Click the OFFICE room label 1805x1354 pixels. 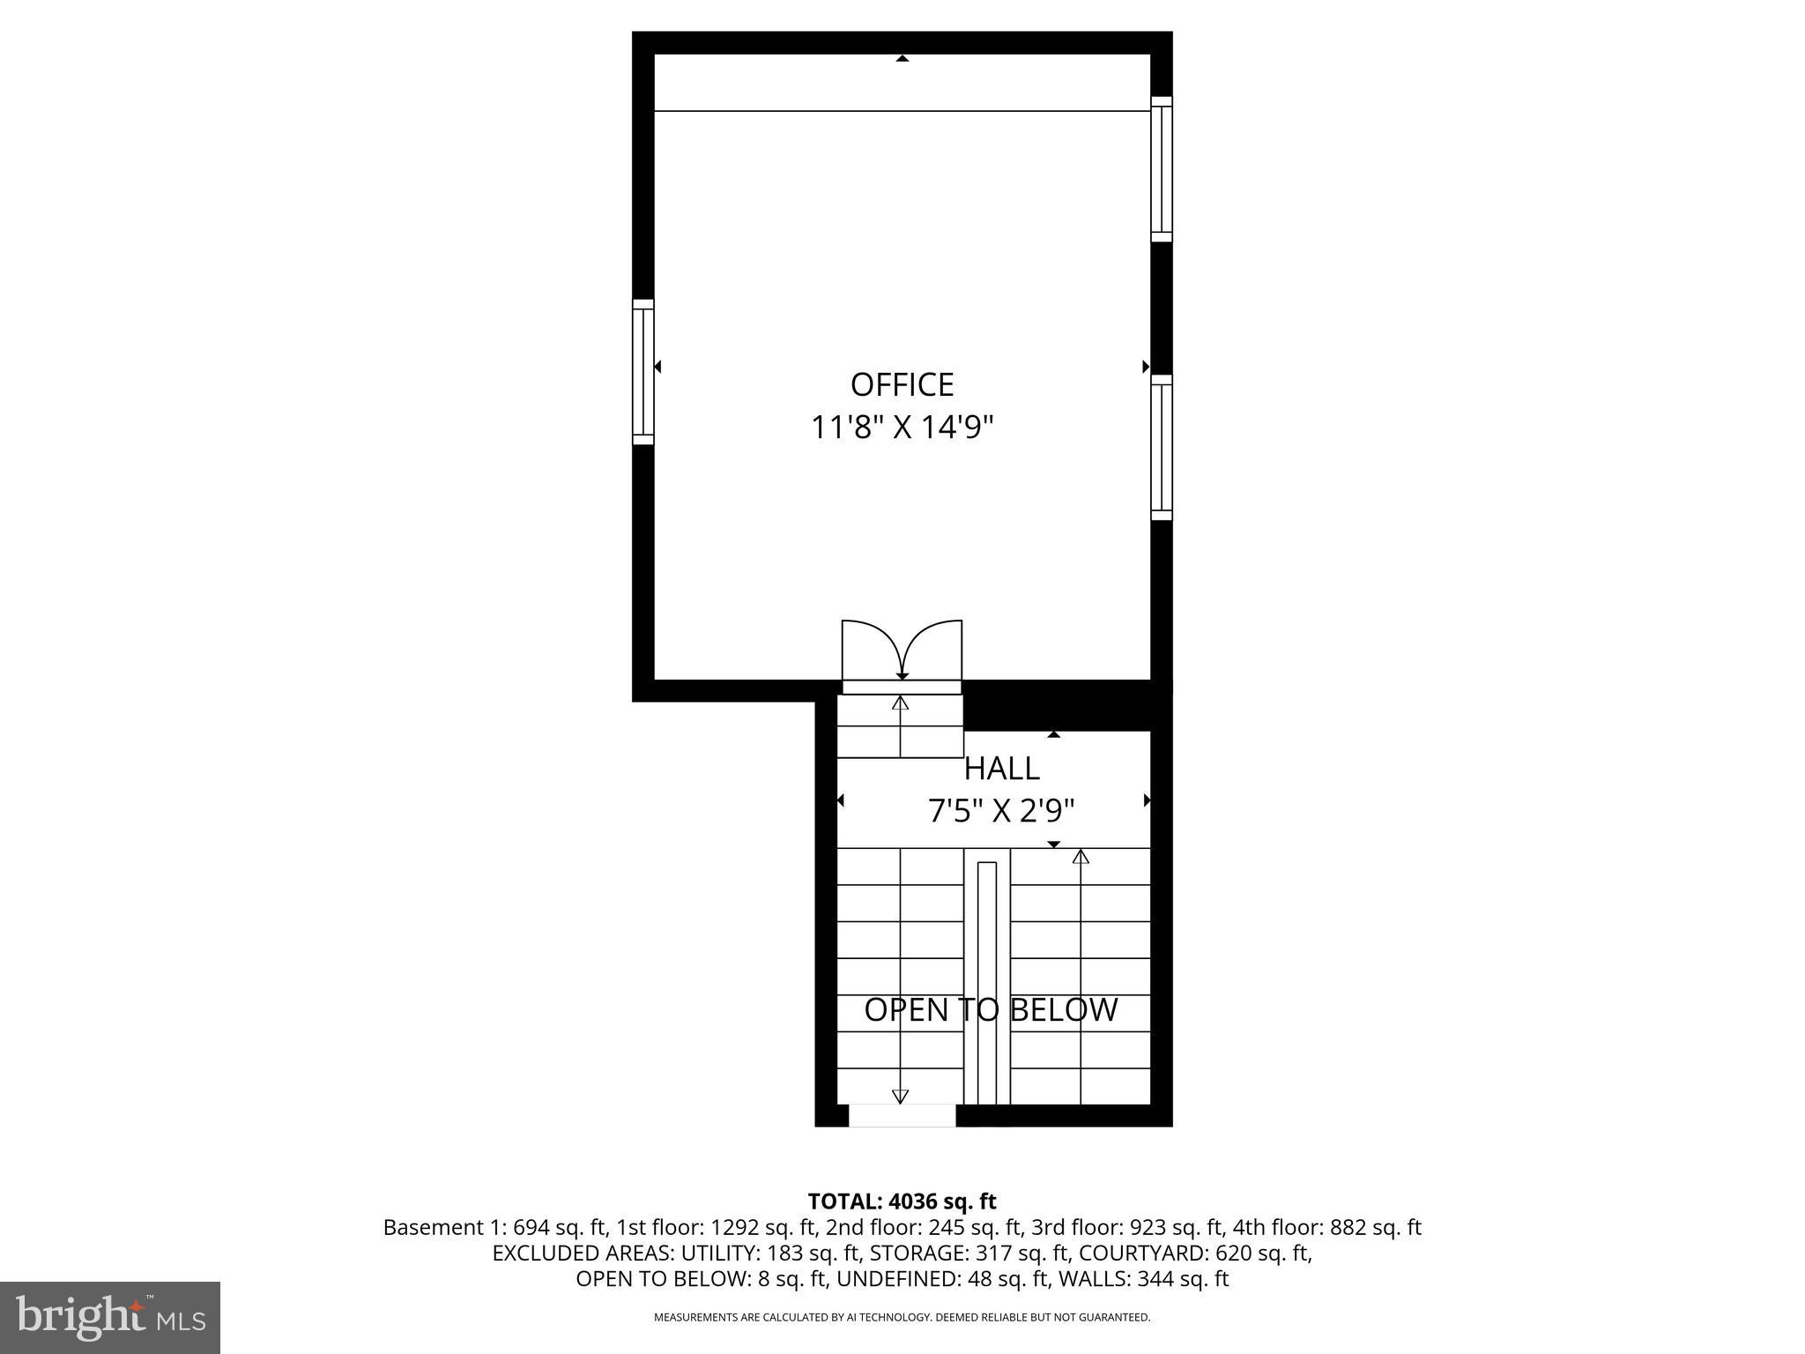coord(902,385)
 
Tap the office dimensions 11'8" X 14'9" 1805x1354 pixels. coord(902,428)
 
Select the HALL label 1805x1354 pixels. coord(1001,769)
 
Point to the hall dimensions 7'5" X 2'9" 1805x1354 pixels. coord(1001,811)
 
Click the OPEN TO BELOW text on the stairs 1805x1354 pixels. coord(991,1010)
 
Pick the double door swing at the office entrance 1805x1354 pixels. coord(902,651)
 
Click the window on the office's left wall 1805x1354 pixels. coord(643,371)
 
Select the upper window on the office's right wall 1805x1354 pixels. coord(1162,168)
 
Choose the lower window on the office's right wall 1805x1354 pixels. coord(1162,447)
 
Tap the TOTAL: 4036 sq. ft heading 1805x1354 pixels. coord(902,1201)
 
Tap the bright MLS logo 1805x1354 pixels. coord(110,1317)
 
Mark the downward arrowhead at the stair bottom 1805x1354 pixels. coord(900,1097)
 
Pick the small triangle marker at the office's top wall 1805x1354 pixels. coord(902,58)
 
